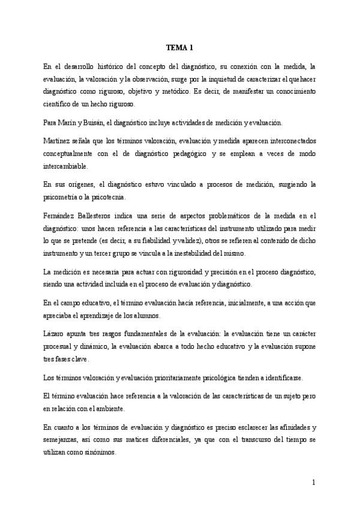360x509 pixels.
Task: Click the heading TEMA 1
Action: click(x=179, y=48)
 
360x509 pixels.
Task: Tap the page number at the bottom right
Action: click(x=314, y=482)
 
